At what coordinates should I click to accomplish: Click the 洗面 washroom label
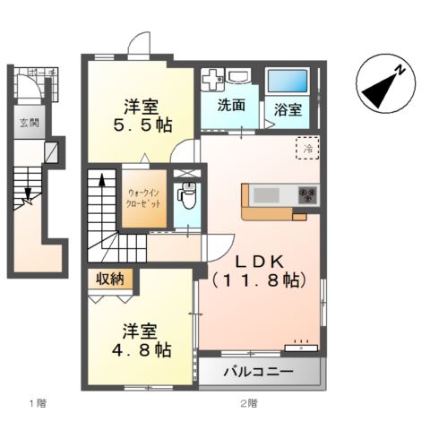[x=231, y=105]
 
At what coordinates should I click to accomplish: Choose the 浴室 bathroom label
[x=288, y=109]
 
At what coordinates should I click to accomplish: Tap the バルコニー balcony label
[x=258, y=372]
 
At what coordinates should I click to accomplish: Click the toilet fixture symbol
[x=187, y=193]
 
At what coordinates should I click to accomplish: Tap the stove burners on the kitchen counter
[x=307, y=193]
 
